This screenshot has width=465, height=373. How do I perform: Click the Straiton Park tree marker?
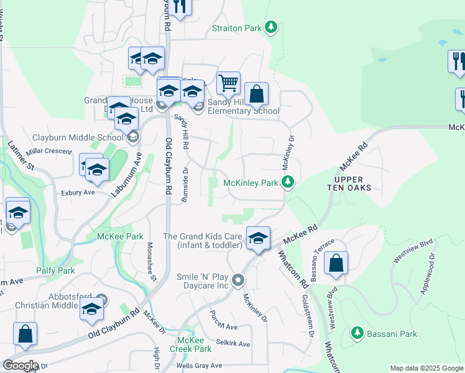[x=270, y=27]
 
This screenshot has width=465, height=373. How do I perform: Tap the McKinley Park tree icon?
[x=287, y=182]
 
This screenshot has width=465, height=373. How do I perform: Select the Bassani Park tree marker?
[x=357, y=333]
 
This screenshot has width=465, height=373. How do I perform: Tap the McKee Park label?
[x=120, y=236]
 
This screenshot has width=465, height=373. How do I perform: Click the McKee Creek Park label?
[x=194, y=344]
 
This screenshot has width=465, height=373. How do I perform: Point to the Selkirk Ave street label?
[x=233, y=344]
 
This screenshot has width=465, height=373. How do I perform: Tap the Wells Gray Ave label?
[x=199, y=366]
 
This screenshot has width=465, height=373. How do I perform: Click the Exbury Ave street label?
[x=78, y=193]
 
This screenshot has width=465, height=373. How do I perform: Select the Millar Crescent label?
[x=50, y=151]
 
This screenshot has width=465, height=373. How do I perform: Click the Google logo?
[x=20, y=366]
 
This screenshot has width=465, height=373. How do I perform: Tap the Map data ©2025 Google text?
[x=426, y=368]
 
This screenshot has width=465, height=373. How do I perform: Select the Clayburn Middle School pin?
[x=132, y=137]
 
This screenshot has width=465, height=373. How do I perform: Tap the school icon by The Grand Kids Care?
[x=259, y=238]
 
